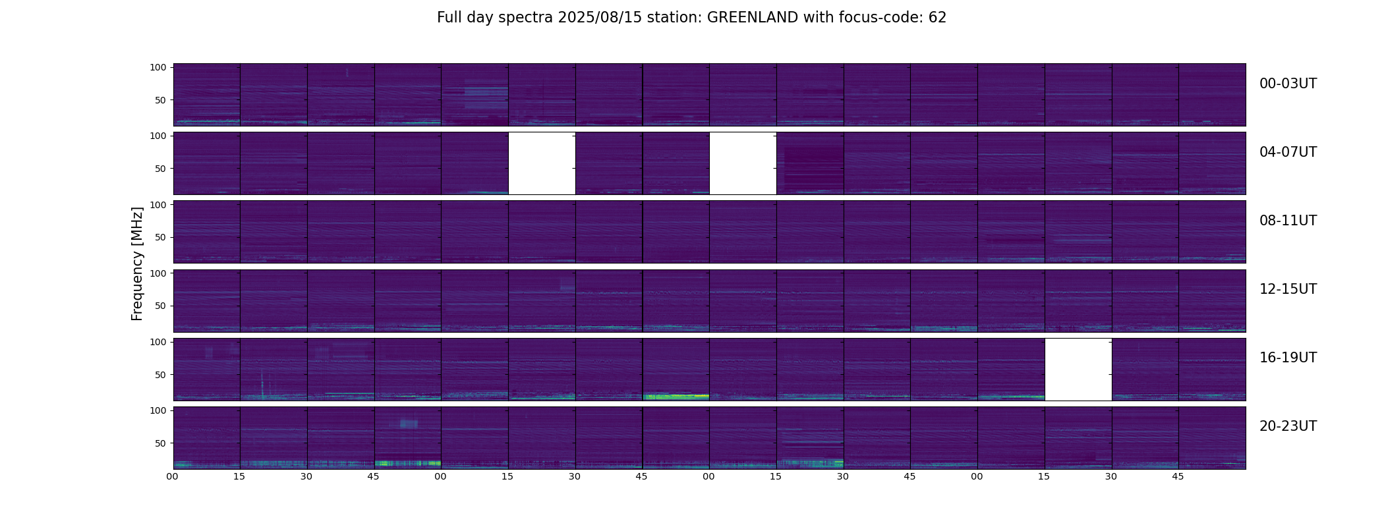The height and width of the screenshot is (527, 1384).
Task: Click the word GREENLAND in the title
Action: (752, 18)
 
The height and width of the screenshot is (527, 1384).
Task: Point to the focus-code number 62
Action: (937, 18)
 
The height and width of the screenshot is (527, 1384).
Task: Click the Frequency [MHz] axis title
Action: (137, 263)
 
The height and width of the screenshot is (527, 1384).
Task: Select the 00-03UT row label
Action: (1288, 84)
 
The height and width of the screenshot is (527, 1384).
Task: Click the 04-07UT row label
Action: (1288, 152)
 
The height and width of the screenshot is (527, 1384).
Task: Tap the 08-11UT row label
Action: (1288, 221)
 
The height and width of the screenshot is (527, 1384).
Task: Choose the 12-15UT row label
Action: (1288, 289)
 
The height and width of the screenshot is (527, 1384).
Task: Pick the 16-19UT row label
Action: (1288, 358)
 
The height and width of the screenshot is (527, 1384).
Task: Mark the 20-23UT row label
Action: (1288, 426)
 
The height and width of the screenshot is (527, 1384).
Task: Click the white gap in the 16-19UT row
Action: (1078, 369)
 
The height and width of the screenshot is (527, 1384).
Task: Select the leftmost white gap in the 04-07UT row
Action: (542, 163)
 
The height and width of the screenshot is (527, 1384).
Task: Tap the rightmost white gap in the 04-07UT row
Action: (743, 163)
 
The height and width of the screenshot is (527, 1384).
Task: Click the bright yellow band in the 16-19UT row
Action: (676, 397)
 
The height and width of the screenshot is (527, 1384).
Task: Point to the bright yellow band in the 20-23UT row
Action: (407, 463)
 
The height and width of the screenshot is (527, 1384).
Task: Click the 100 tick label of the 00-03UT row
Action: (158, 67)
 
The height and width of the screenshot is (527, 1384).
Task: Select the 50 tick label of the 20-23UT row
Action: (160, 443)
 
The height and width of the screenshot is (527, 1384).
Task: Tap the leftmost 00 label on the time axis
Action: (172, 476)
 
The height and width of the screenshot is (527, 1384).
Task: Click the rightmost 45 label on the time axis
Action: (1178, 476)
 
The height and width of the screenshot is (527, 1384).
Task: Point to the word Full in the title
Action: (449, 18)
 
